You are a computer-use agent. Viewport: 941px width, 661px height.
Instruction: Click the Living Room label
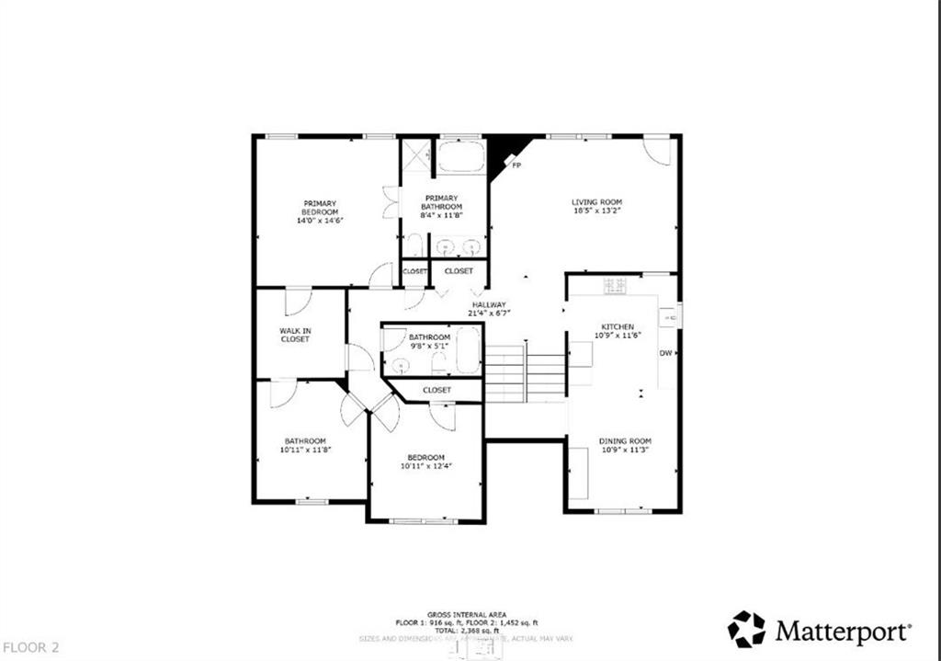(596, 202)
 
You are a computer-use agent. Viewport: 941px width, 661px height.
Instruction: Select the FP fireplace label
(516, 165)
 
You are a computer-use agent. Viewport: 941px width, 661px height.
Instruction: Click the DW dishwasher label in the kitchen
(665, 353)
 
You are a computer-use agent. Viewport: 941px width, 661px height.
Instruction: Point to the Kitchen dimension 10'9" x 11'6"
(617, 336)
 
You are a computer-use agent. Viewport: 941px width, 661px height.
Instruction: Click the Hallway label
(490, 305)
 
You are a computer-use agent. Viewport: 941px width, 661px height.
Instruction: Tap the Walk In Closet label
(295, 335)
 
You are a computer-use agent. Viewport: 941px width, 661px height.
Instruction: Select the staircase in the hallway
(524, 373)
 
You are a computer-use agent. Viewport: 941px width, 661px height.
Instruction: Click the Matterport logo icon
(746, 630)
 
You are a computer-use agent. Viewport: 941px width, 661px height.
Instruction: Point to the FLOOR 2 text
(30, 647)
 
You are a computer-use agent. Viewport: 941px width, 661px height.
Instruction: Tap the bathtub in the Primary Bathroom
(460, 156)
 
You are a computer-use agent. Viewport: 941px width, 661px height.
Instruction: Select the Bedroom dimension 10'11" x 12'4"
(426, 466)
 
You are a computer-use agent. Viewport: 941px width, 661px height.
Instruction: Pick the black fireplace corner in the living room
(502, 152)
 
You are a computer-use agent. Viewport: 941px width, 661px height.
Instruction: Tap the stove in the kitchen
(615, 286)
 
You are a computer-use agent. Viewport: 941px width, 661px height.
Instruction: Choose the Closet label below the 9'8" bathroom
(436, 390)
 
